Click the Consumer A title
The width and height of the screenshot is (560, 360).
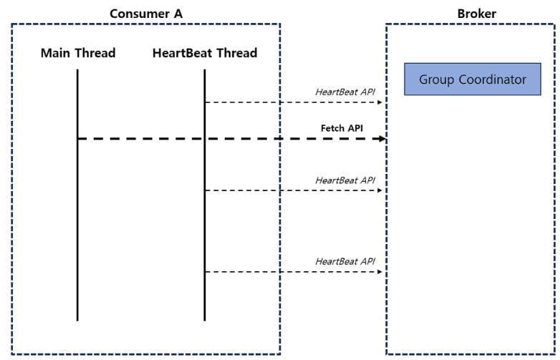pos(146,14)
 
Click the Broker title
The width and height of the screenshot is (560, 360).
pos(476,14)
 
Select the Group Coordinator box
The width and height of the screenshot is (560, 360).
pos(473,79)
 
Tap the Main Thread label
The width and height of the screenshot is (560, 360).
pos(78,53)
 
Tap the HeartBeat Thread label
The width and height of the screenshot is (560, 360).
pos(205,53)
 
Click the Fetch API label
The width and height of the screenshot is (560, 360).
pos(342,127)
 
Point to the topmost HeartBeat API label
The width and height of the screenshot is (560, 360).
pos(345,92)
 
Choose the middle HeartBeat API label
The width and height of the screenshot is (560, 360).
pos(345,180)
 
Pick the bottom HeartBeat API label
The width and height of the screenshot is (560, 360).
pos(345,261)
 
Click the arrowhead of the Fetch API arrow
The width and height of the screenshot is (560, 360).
pos(382,138)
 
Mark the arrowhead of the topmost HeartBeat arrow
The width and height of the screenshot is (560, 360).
pos(380,102)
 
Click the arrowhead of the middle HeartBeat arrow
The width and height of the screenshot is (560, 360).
pos(380,190)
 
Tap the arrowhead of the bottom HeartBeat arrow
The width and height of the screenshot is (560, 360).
pos(380,272)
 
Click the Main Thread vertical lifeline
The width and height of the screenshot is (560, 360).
pos(77,195)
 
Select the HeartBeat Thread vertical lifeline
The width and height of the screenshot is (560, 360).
pos(205,195)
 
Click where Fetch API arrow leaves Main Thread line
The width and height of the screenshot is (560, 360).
pos(77,138)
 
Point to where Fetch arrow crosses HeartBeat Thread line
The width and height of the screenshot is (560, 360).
pos(205,138)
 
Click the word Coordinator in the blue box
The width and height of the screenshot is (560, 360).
pos(492,79)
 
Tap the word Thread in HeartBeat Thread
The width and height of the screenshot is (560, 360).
pos(237,53)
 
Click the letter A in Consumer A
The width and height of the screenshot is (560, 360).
pos(178,14)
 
